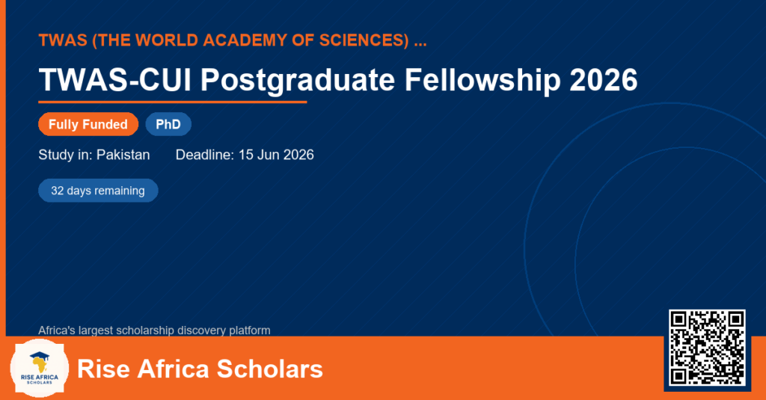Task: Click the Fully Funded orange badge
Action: [x=88, y=124]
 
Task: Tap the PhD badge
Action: [x=168, y=124]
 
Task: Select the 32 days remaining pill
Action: [x=98, y=191]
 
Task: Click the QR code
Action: [x=707, y=348]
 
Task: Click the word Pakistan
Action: [x=123, y=155]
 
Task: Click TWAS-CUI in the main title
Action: [x=114, y=79]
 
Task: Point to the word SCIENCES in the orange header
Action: [x=364, y=40]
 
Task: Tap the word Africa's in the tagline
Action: [x=57, y=330]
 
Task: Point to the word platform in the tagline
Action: [x=250, y=330]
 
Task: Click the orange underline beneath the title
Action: [x=173, y=102]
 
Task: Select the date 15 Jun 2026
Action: [x=276, y=155]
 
